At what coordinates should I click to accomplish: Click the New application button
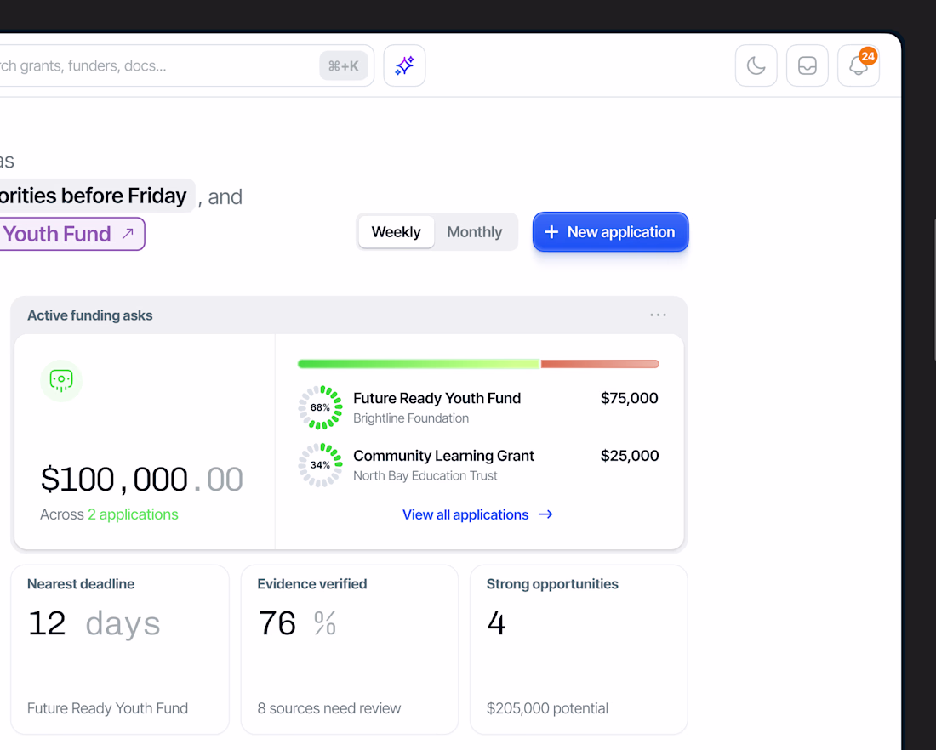coord(611,232)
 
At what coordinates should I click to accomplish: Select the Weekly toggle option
coord(397,232)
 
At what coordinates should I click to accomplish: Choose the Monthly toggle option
coord(475,232)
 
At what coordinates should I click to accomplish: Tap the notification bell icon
coord(859,65)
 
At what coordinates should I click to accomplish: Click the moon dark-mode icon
coord(756,65)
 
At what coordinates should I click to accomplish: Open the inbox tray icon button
coord(807,65)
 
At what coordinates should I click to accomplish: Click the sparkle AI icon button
coord(405,65)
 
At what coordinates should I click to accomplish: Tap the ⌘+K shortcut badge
coord(344,65)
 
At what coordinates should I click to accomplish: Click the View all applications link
coord(477,515)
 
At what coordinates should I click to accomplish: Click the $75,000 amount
coord(629,398)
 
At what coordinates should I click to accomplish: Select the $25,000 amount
coord(630,456)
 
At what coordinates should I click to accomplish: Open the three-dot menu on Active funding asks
coord(658,315)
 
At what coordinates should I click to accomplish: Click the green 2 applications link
coord(133,514)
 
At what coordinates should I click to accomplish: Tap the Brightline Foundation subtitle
coord(411,418)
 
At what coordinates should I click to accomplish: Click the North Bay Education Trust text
coord(425,475)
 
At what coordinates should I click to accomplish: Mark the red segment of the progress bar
coord(600,364)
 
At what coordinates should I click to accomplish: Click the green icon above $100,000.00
coord(61,381)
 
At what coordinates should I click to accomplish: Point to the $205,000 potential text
coord(547,708)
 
